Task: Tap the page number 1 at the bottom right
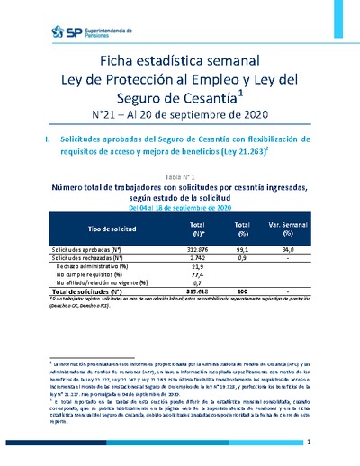tap(309, 443)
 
